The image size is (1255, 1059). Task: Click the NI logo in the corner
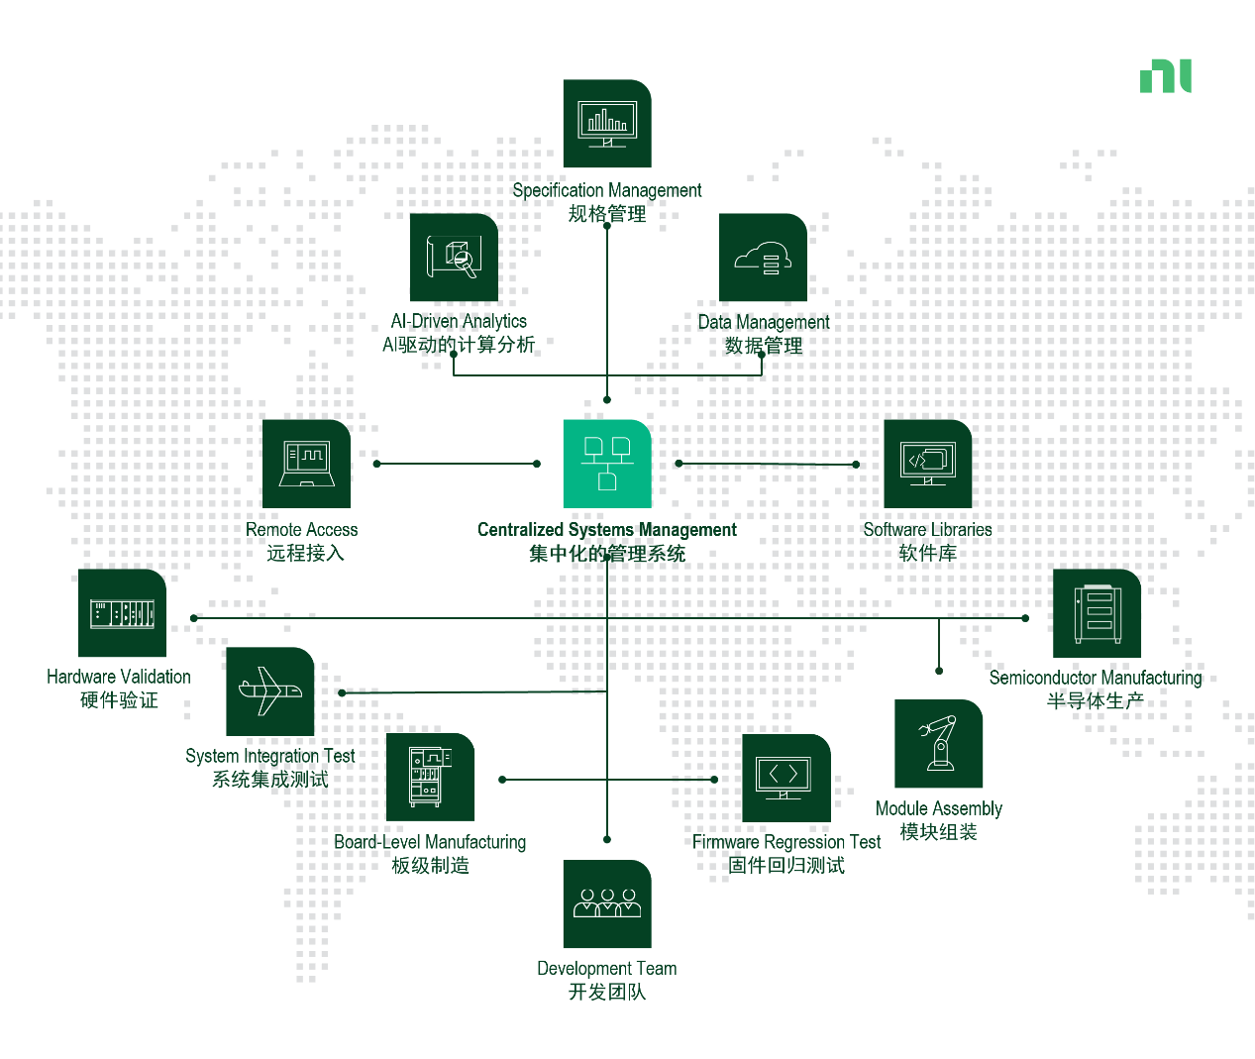pos(1165,76)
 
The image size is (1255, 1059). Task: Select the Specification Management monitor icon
pos(607,124)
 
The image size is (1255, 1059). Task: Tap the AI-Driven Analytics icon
pos(454,258)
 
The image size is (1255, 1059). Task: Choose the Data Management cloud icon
pos(763,258)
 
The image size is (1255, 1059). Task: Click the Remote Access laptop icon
pos(306,464)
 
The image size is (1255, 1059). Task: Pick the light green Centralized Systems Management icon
pos(607,464)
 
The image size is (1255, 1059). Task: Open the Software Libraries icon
pos(927,464)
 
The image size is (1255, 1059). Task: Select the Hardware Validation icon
pos(122,613)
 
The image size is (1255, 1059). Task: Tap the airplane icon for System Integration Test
pos(269,691)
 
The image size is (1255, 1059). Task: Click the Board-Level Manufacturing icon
pos(430,778)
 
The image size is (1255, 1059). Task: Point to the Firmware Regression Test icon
pos(786,778)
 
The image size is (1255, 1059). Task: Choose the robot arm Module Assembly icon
pos(938,744)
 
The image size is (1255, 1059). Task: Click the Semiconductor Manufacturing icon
pos(1097,613)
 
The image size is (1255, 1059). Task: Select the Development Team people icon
pos(607,903)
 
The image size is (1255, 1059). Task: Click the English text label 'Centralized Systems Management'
pos(606,530)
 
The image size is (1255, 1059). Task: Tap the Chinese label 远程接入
pos(305,553)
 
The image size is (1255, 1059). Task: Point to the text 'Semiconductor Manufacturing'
pos(1096,678)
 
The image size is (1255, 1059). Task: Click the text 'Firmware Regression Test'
pos(786,842)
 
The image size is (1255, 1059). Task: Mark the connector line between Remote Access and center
pos(456,464)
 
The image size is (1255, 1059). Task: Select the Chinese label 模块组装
pos(938,832)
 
